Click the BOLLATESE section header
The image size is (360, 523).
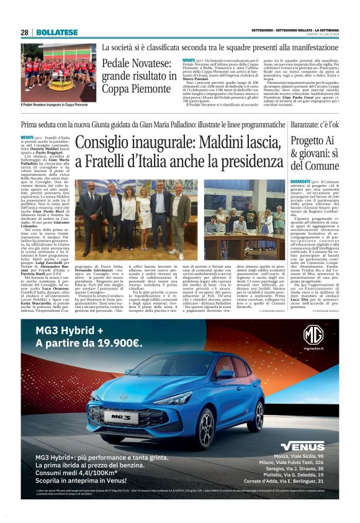(x=57, y=32)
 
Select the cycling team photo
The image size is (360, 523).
(x=58, y=72)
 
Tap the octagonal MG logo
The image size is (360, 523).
(x=313, y=335)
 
